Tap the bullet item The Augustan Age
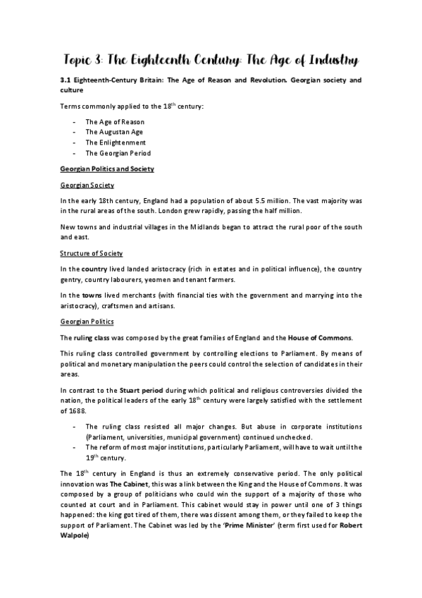coord(113,131)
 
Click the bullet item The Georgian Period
coord(118,152)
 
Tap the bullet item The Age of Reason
coord(115,121)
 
